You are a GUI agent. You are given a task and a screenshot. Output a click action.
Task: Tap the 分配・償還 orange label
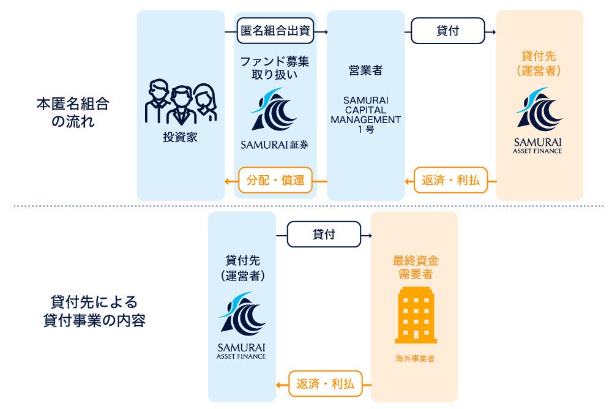tap(275, 181)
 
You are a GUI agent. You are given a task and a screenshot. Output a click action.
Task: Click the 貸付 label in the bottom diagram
tap(324, 234)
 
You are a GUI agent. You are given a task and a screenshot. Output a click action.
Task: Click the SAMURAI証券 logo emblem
tap(275, 110)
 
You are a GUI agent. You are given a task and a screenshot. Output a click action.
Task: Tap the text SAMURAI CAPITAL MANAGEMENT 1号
tap(365, 114)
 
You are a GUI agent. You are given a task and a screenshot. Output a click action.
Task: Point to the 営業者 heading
tap(365, 70)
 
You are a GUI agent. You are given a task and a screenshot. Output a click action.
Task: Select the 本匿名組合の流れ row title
tap(72, 112)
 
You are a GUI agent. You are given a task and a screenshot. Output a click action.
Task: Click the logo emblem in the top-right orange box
tap(538, 110)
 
